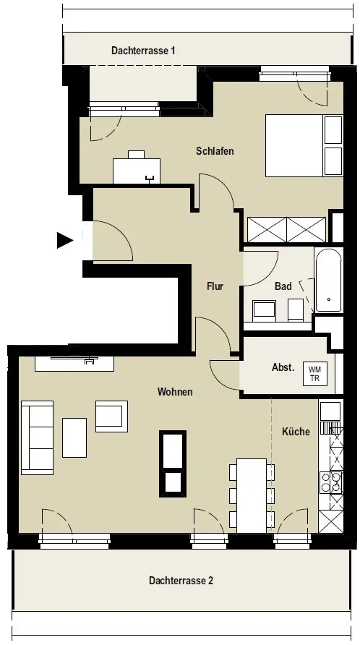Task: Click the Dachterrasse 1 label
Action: (143, 51)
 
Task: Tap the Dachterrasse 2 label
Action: (181, 581)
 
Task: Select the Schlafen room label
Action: (215, 151)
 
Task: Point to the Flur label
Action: (215, 286)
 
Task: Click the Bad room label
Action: (283, 286)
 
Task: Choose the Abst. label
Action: (283, 367)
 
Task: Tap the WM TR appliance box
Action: (315, 375)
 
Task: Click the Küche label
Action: (296, 432)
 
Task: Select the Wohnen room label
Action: (175, 392)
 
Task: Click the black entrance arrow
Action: (64, 240)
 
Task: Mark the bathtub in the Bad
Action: (329, 280)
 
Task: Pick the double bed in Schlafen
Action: (304, 145)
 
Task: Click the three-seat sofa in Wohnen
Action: (38, 437)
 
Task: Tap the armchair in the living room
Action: (111, 417)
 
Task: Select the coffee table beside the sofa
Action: (74, 437)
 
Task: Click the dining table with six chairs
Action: (252, 495)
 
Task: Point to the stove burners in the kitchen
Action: (331, 482)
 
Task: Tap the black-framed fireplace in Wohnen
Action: (173, 464)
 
